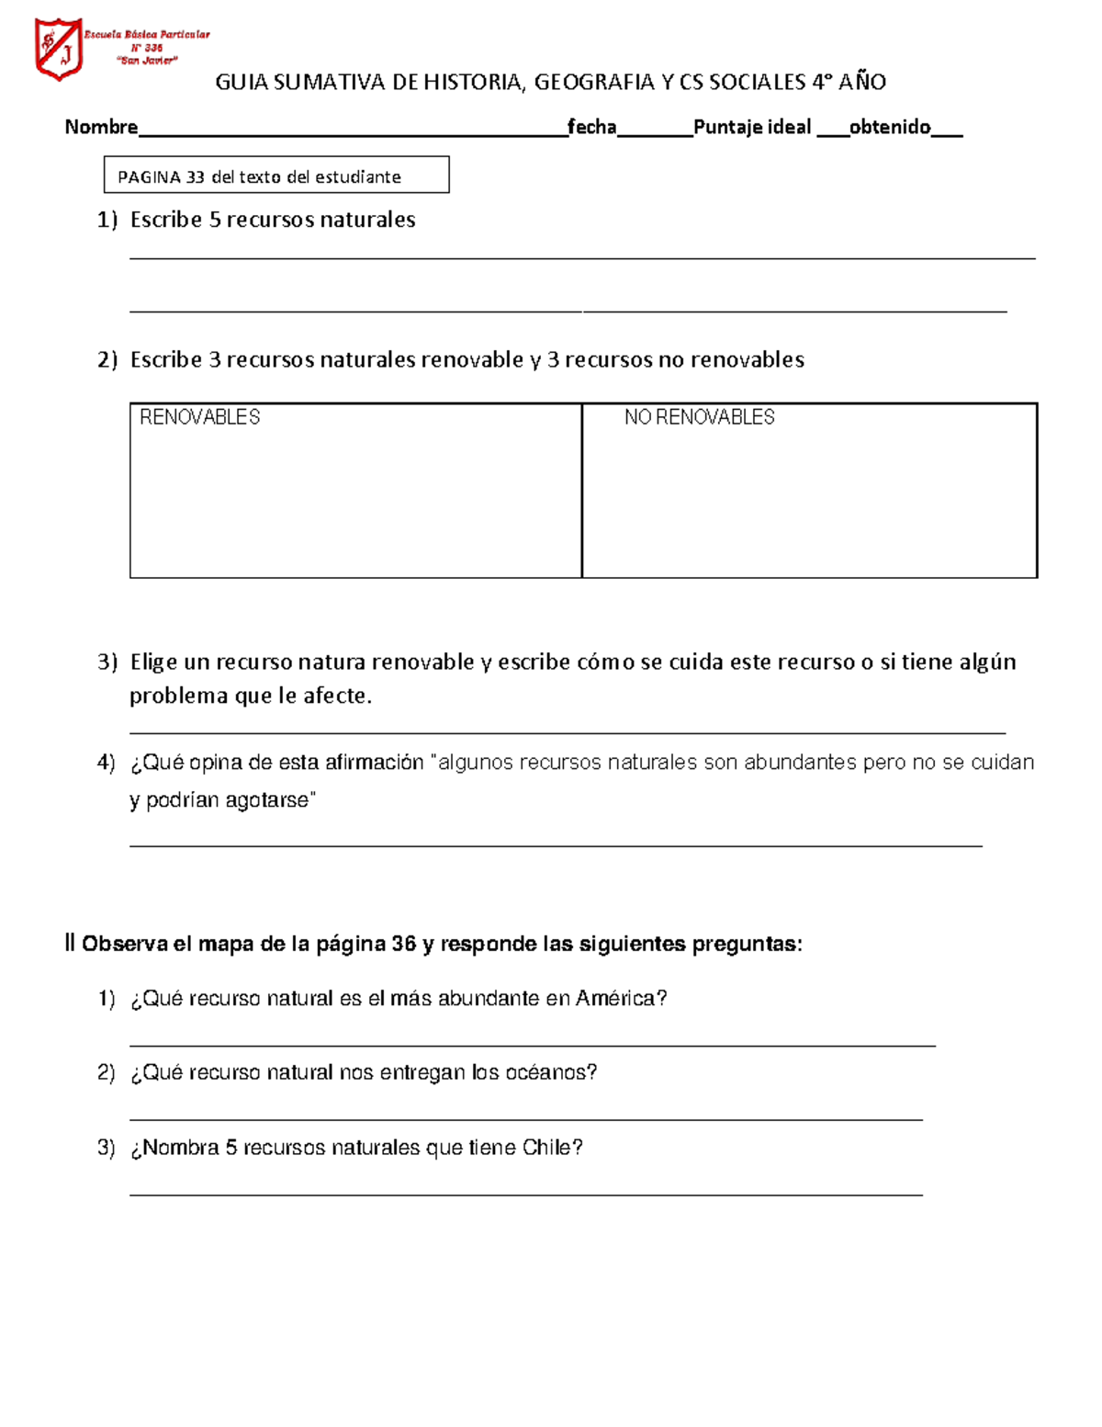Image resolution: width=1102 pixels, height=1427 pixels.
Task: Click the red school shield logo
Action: coord(59,49)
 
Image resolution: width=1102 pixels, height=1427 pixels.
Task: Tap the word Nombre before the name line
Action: coord(101,127)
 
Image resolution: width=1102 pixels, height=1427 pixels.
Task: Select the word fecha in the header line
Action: coord(591,127)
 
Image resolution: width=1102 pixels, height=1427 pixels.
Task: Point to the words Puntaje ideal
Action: coord(752,127)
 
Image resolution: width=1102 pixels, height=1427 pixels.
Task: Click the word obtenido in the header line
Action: coord(889,127)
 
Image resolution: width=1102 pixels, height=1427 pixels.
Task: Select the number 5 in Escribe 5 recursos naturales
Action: coord(215,220)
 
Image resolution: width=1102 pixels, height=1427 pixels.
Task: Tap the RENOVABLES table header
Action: coord(199,417)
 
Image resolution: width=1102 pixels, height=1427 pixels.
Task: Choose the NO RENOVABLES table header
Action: coord(699,417)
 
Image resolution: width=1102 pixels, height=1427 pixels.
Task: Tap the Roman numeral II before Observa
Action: coord(70,944)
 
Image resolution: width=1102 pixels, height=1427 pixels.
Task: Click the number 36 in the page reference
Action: coord(403,944)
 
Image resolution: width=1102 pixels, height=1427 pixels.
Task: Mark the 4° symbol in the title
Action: coord(820,83)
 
